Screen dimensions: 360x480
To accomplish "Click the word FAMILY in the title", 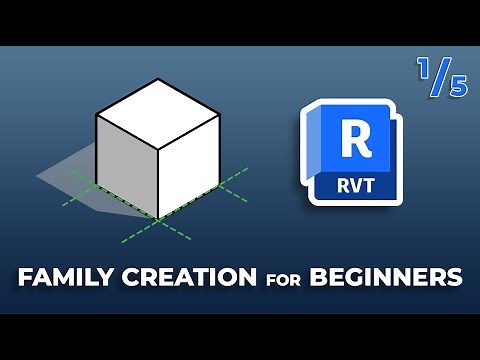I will pos(63,276).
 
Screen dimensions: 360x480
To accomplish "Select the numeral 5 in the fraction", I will pos(457,87).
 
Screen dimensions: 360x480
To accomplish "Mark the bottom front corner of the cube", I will pos(156,215).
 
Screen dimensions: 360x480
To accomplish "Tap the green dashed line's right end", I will pos(246,169).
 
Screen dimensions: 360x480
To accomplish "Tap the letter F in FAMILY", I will pos(25,276).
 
